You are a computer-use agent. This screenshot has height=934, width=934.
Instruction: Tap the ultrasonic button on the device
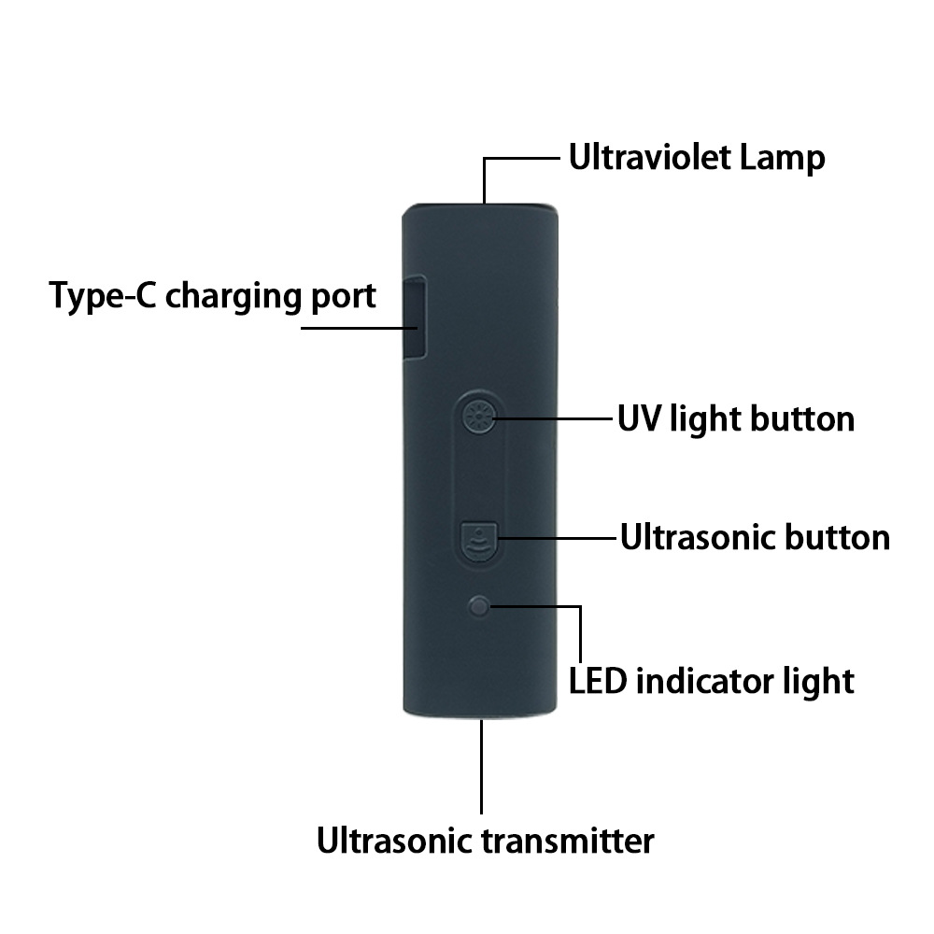480,540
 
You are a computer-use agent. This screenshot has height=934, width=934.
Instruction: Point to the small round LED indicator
480,607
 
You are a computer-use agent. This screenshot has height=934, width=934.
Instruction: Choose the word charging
233,297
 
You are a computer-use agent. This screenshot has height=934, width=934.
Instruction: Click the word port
343,297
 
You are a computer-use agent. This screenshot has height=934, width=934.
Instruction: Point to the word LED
598,681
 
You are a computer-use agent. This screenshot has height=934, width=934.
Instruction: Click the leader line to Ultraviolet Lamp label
523,160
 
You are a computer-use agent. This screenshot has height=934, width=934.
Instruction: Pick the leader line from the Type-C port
360,328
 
